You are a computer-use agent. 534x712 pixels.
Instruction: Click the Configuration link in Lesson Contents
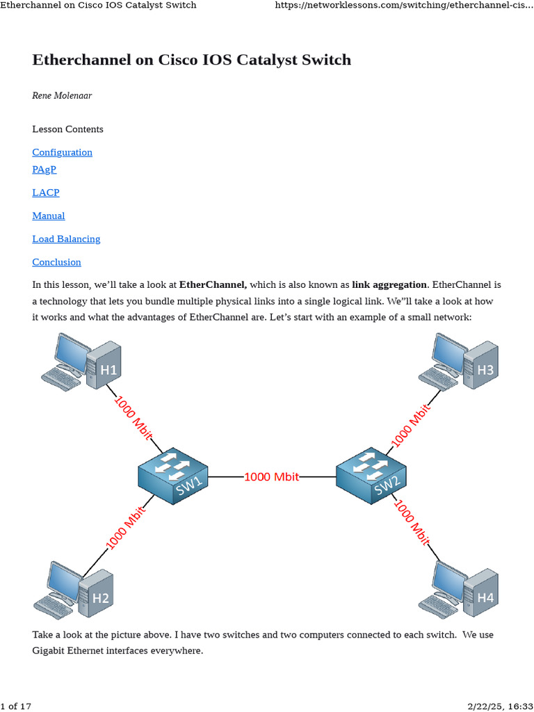click(62, 152)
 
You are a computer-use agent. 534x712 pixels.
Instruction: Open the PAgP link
click(44, 170)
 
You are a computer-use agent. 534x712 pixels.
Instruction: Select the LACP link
click(46, 193)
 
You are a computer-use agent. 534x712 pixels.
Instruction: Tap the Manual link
click(49, 216)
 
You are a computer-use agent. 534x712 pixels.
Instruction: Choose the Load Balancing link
click(66, 238)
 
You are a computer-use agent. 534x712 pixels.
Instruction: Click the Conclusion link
click(56, 262)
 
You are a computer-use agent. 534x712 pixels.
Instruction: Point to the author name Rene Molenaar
click(62, 95)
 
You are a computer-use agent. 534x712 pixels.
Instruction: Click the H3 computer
click(460, 362)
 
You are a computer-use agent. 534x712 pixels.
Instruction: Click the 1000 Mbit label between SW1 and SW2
click(271, 476)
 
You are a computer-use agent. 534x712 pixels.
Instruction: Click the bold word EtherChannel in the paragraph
click(213, 285)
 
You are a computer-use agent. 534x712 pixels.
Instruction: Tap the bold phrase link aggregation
click(389, 285)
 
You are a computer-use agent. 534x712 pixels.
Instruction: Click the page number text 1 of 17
click(17, 706)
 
